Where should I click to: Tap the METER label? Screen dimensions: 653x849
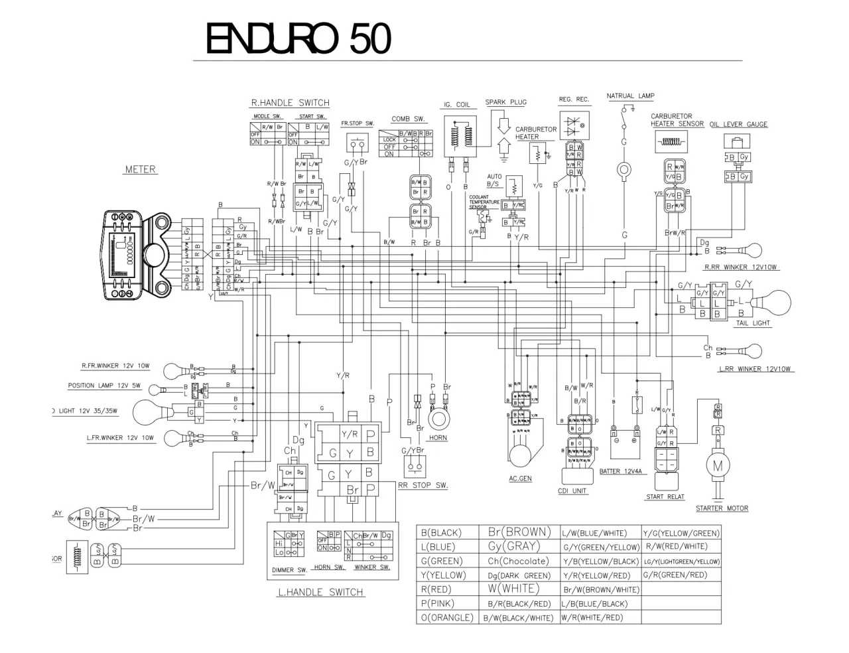[x=140, y=169]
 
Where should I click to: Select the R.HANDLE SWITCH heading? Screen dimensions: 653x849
[x=290, y=103]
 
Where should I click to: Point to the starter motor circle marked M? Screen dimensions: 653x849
[x=718, y=465]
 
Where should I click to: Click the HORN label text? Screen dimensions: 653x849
[x=438, y=438]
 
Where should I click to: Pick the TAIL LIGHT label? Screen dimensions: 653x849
[x=753, y=323]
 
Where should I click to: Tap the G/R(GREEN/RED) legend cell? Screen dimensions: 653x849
[x=675, y=575]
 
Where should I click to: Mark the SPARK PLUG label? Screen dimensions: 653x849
[x=505, y=102]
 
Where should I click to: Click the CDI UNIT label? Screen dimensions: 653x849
[x=572, y=491]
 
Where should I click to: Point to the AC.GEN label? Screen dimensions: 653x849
[x=520, y=478]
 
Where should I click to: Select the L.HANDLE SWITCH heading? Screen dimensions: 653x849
[x=320, y=592]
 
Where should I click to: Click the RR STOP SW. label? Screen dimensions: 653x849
[x=423, y=485]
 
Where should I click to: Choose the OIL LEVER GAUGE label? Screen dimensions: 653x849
[x=738, y=124]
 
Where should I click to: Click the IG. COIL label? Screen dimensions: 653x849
[x=456, y=105]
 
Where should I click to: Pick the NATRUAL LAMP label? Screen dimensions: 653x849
[x=630, y=96]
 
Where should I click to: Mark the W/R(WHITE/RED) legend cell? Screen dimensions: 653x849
[x=592, y=617]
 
